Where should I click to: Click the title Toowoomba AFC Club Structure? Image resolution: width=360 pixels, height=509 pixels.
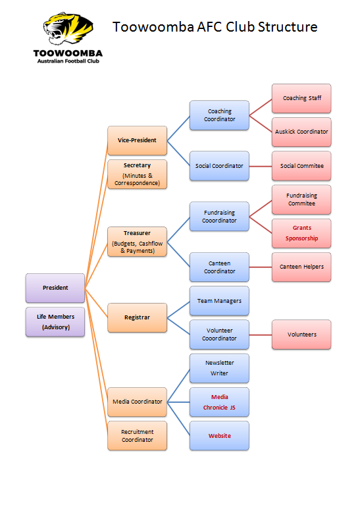pos(215,27)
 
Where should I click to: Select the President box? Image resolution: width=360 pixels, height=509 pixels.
pos(55,288)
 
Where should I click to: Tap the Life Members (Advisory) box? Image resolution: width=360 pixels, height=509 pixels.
pos(55,322)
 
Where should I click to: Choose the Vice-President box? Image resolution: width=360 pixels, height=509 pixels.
pos(137,140)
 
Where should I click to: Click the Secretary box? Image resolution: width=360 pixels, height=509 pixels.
pos(137,174)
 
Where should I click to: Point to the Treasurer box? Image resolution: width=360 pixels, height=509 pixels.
pos(137,242)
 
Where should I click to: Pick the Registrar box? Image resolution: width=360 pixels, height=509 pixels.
pos(137,317)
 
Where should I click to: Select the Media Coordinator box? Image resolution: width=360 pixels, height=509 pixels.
pos(137,402)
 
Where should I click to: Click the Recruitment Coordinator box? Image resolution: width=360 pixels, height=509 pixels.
pos(137,435)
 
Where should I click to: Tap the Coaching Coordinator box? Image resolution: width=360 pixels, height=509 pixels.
pos(219,115)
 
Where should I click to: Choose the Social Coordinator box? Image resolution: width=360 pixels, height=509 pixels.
pos(219,166)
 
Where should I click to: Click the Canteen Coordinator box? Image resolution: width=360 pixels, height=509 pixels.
pos(219,267)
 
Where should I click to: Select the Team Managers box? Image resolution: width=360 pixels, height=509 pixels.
pos(219,301)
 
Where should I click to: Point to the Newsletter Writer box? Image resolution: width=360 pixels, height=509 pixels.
pos(219,368)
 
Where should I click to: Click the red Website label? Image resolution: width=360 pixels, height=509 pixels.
pos(219,436)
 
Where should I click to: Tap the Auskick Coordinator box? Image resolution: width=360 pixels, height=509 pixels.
pos(301,132)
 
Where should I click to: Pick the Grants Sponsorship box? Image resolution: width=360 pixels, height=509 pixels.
pos(301,233)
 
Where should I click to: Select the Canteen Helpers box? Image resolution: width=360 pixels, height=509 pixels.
pos(301,267)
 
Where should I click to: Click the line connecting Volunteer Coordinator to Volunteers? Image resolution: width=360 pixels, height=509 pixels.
pos(261,335)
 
